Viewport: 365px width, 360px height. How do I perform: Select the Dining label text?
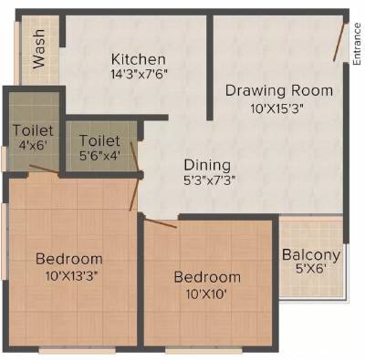click(x=206, y=165)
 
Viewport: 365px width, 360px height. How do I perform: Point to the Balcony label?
click(x=310, y=255)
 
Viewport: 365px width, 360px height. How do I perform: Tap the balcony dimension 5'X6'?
click(x=310, y=271)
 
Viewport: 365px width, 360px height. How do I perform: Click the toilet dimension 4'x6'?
click(x=32, y=145)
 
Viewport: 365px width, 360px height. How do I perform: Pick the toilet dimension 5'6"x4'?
click(x=99, y=156)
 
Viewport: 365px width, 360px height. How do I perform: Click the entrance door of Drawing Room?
click(x=339, y=36)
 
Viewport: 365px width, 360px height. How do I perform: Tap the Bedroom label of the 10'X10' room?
click(x=208, y=277)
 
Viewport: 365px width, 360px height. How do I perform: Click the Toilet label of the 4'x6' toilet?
click(x=32, y=131)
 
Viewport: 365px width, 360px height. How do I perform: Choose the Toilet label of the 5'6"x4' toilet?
click(x=99, y=140)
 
